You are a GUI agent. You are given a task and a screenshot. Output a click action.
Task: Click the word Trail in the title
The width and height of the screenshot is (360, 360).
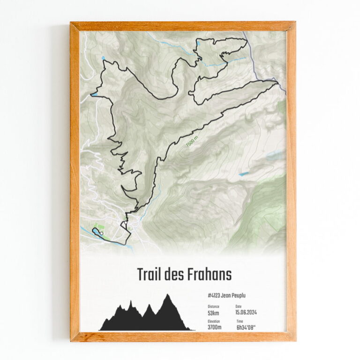tap(150, 275)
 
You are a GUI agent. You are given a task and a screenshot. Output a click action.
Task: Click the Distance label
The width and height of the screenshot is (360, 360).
tap(213, 306)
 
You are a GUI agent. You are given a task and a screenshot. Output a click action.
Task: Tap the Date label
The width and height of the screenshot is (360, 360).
tap(239, 306)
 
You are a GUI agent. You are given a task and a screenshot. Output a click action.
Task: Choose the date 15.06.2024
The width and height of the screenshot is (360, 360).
tap(246, 312)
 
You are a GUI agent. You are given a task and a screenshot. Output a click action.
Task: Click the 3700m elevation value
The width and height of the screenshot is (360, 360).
tap(215, 327)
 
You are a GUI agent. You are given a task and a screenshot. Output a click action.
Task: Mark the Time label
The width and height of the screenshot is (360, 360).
tap(240, 321)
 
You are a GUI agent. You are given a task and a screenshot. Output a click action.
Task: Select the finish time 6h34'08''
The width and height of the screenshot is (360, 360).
tap(247, 327)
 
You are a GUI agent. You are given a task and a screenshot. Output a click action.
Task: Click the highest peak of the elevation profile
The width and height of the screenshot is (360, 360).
tap(166, 295)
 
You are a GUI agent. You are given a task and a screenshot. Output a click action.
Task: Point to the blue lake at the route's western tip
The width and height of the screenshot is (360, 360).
tap(94, 94)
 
